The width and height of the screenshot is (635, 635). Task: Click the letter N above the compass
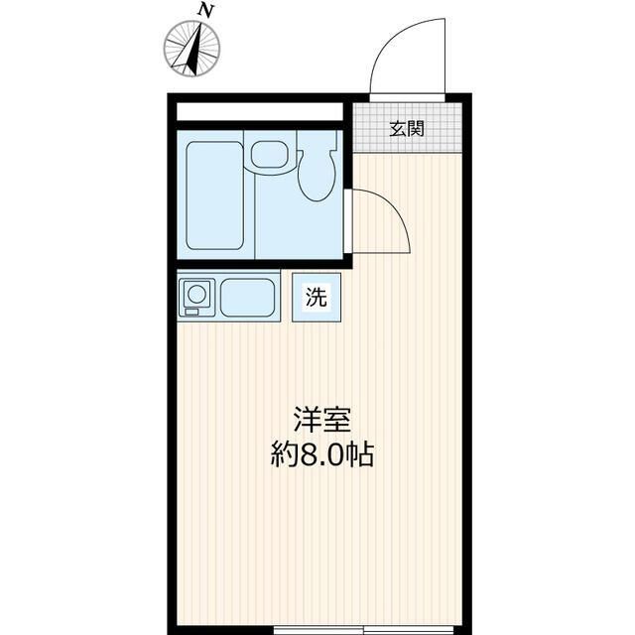(x=205, y=10)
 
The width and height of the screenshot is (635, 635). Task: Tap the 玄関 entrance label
(x=407, y=127)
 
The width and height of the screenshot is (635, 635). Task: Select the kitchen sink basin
(x=247, y=298)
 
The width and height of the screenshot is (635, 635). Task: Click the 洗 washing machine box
(x=316, y=297)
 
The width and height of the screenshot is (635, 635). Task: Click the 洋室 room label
(x=320, y=421)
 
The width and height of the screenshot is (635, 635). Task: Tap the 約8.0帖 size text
(x=322, y=456)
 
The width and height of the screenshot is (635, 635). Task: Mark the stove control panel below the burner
(x=197, y=313)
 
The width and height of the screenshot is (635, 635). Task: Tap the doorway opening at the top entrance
(x=409, y=96)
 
